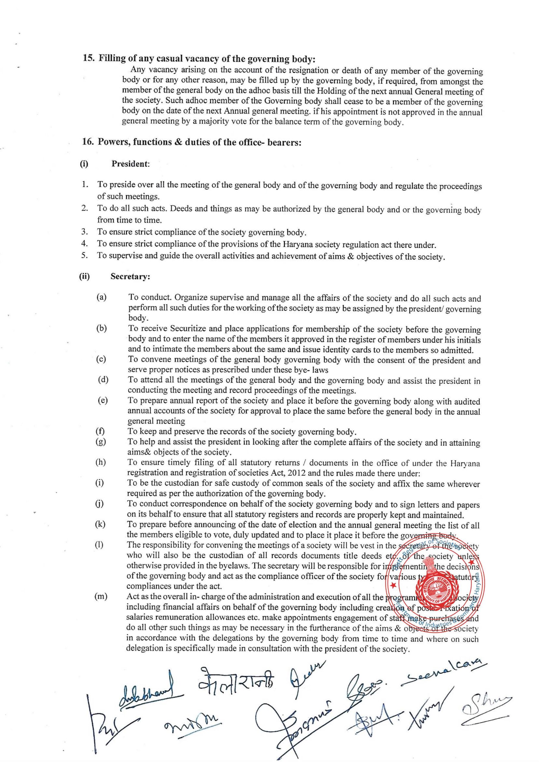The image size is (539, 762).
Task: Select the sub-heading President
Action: (x=130, y=164)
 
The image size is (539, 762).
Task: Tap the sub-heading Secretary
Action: (x=130, y=277)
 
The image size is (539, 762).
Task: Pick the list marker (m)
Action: (x=101, y=596)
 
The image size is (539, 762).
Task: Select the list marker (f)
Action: (x=100, y=431)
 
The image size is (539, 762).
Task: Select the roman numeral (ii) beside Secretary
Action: (x=84, y=277)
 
